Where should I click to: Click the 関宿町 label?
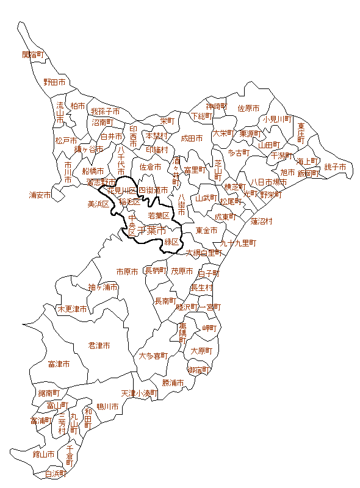(x=34, y=54)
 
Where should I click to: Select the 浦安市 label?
(x=40, y=195)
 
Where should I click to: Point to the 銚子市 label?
(x=335, y=167)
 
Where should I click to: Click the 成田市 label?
(x=192, y=138)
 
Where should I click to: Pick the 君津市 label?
(x=99, y=345)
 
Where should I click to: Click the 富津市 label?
(x=59, y=364)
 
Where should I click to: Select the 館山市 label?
(x=43, y=454)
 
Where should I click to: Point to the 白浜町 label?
(x=56, y=473)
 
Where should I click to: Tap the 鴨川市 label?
(x=107, y=406)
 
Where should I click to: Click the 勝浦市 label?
(x=173, y=382)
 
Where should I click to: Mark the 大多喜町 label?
(x=153, y=355)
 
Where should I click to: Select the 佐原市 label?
(x=248, y=108)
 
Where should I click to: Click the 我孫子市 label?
(x=106, y=112)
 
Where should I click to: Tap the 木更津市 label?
(x=72, y=309)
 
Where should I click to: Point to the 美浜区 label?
(x=98, y=204)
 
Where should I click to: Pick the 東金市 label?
(x=207, y=231)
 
